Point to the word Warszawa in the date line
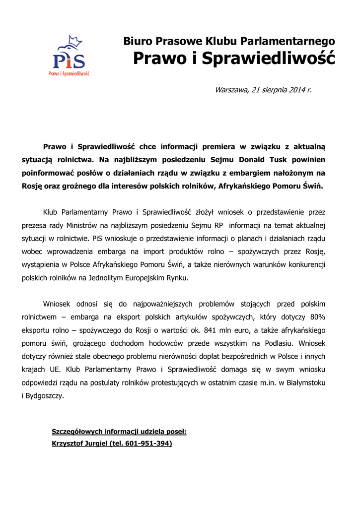pos(232,90)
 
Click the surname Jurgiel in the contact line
pos(92,444)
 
